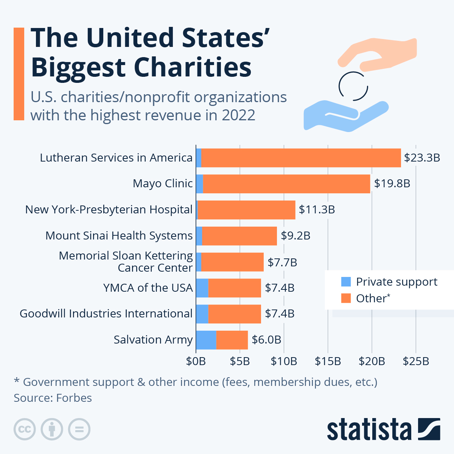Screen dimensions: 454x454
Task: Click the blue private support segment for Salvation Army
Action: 206,340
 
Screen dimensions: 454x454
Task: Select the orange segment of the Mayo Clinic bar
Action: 286,184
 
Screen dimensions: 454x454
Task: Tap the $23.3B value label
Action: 422,158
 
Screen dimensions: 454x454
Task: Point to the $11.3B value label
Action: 317,210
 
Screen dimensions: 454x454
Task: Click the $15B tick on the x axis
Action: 328,361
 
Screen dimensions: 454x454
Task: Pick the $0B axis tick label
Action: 196,361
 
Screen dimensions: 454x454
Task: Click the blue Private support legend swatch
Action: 346,282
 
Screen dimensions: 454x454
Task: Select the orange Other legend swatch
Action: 346,298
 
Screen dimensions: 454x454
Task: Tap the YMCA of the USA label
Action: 148,288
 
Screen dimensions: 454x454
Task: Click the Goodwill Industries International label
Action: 106,314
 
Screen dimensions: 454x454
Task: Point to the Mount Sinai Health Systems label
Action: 119,236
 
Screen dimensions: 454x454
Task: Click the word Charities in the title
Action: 193,67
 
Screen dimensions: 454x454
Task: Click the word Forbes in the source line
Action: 74,398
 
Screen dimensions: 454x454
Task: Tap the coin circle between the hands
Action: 353,86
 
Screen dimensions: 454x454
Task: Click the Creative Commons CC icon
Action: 25,429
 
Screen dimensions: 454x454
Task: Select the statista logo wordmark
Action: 369,429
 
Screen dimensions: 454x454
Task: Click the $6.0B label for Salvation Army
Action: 266,340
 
